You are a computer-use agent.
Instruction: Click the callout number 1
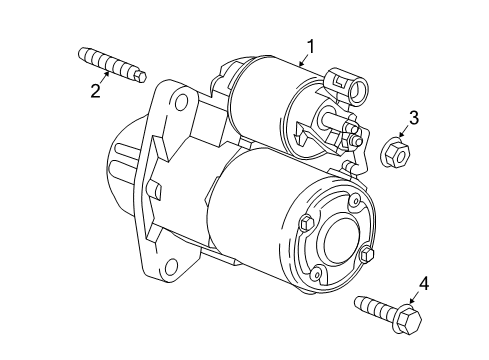(311, 45)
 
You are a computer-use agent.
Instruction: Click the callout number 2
(96, 91)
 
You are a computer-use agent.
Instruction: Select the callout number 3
(413, 117)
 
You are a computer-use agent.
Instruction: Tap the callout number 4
(424, 286)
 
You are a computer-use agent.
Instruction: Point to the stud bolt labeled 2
(110, 66)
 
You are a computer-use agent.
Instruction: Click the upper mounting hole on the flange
(180, 102)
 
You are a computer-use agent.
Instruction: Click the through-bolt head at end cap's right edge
(367, 255)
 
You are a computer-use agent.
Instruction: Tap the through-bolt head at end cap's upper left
(305, 221)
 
